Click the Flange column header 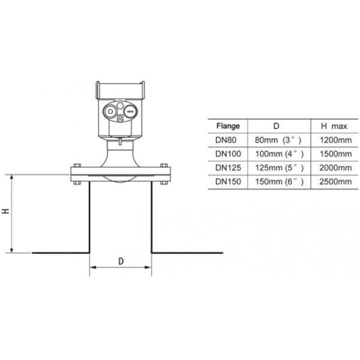pyautogui.click(x=227, y=127)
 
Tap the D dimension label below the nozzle pyautogui.click(x=121, y=262)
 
